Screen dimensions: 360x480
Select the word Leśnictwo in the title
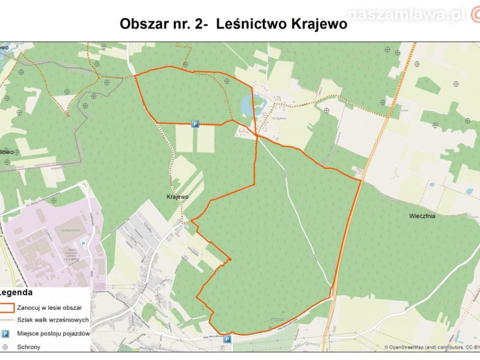coord(249,24)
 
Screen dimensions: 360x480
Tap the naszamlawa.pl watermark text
coord(406,15)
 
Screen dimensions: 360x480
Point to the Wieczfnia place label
coord(422,216)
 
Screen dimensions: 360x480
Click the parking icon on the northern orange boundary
coord(195,124)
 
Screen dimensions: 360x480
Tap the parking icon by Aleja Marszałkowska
coord(227,339)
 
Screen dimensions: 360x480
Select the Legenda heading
coord(16,293)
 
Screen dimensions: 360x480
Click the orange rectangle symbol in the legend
coord(7,308)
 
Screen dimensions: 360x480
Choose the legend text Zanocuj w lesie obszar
coord(50,308)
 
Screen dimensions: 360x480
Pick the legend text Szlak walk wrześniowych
coord(53,320)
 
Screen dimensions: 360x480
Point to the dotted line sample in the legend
coord(7,320)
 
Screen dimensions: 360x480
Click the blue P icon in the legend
coord(5,334)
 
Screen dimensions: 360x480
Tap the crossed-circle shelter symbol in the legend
coord(5,347)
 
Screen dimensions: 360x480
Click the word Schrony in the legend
coord(29,347)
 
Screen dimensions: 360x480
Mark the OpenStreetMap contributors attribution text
coord(431,347)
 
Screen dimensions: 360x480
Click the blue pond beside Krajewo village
coord(247,104)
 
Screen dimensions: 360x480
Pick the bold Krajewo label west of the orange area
coord(178,197)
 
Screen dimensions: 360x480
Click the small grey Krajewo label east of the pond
coord(278,118)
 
